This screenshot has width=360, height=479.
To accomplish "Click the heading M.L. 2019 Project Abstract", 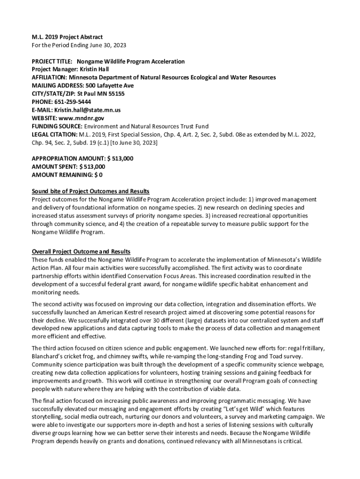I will [x=67, y=37].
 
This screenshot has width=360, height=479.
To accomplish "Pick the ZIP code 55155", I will [x=116, y=94].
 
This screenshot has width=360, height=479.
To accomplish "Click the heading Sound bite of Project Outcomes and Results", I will [x=90, y=191].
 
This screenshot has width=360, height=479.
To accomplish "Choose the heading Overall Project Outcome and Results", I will [x=81, y=252].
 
